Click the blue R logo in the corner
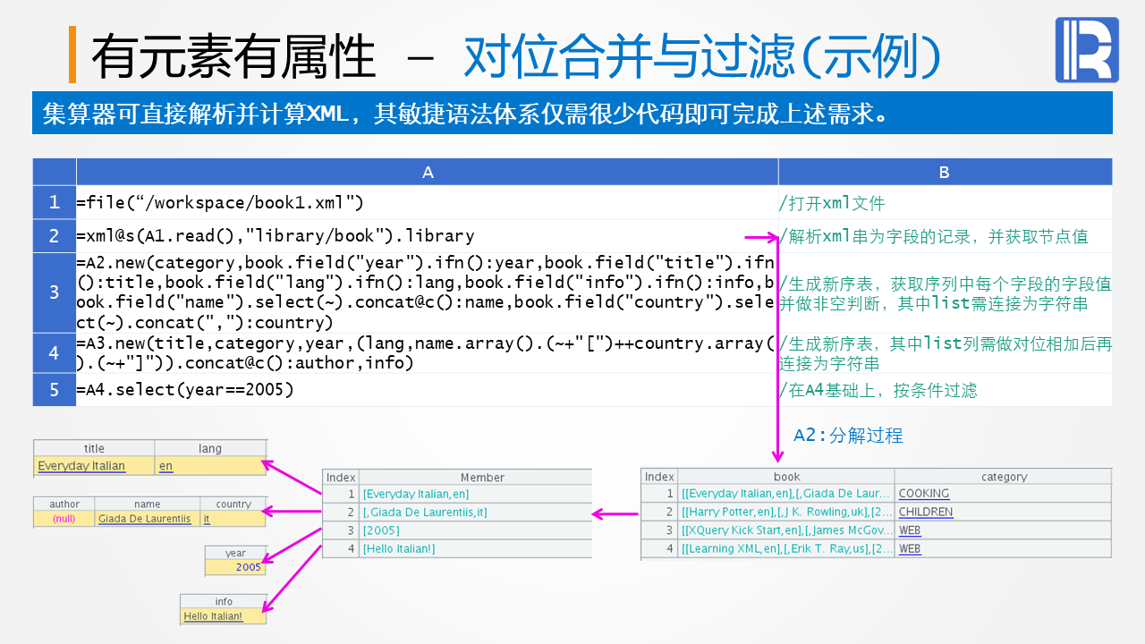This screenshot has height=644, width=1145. point(1086,50)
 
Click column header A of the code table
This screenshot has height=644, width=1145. point(428,173)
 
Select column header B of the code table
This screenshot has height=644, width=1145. point(945,173)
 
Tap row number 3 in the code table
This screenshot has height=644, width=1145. point(55,292)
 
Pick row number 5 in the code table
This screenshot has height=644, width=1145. point(55,390)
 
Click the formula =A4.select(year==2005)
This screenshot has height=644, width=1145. point(185,390)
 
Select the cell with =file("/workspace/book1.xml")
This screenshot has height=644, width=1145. point(220,203)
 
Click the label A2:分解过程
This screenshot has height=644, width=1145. point(848,436)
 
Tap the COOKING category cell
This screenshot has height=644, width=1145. point(924,494)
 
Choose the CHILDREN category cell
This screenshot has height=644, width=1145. point(926,513)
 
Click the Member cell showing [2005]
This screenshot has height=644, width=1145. point(381,530)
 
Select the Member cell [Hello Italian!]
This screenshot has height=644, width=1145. point(399,548)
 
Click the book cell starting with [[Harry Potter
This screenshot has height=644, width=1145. point(785,513)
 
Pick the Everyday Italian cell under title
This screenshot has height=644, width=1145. point(81,466)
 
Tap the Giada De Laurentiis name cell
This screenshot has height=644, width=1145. point(144,519)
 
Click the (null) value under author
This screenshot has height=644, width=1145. point(64,519)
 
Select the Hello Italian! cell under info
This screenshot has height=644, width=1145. point(213,616)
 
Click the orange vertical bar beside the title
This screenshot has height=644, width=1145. point(72,55)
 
